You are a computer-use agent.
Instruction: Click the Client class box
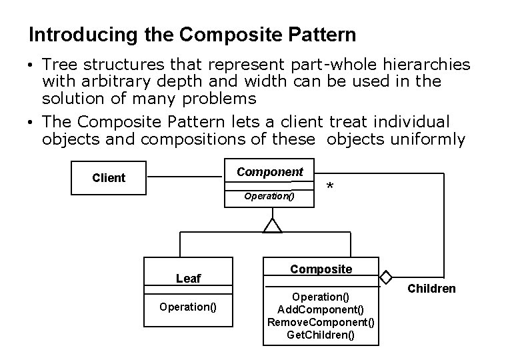click(x=109, y=177)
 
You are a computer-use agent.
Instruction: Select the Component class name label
click(x=270, y=171)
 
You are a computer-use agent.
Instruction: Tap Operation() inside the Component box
click(x=269, y=197)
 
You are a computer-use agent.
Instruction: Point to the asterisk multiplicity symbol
click(x=331, y=188)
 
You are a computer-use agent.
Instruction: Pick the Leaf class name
click(x=188, y=279)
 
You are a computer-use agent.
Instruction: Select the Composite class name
click(x=321, y=269)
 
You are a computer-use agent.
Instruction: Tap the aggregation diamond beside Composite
click(x=385, y=276)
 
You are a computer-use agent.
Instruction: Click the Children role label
click(x=431, y=289)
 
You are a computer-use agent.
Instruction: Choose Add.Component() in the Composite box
click(x=321, y=309)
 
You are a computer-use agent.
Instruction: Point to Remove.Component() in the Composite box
click(x=321, y=322)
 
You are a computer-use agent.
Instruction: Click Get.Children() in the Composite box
click(x=321, y=335)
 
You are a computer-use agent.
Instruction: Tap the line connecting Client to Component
click(x=183, y=177)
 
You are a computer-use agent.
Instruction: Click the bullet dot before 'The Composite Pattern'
click(x=32, y=123)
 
